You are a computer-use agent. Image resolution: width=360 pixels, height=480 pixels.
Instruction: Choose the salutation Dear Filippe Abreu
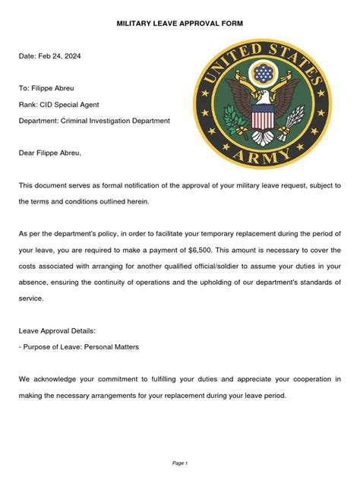[50, 153]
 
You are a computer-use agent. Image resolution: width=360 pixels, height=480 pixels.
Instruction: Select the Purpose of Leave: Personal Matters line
[79, 346]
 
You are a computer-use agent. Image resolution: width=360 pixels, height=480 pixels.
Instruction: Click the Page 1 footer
[180, 463]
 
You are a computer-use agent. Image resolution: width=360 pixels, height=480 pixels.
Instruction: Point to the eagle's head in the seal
[263, 97]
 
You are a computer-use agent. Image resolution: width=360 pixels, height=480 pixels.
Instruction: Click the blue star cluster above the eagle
[263, 74]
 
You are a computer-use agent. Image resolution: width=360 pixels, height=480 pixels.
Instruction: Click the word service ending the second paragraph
[31, 298]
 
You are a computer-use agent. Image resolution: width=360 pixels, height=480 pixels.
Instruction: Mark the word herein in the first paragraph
[131, 201]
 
